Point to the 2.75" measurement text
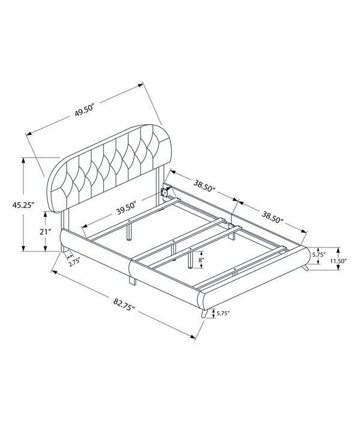(74, 261)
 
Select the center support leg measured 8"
(190, 258)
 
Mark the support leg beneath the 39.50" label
(129, 231)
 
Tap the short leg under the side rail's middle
(130, 280)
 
